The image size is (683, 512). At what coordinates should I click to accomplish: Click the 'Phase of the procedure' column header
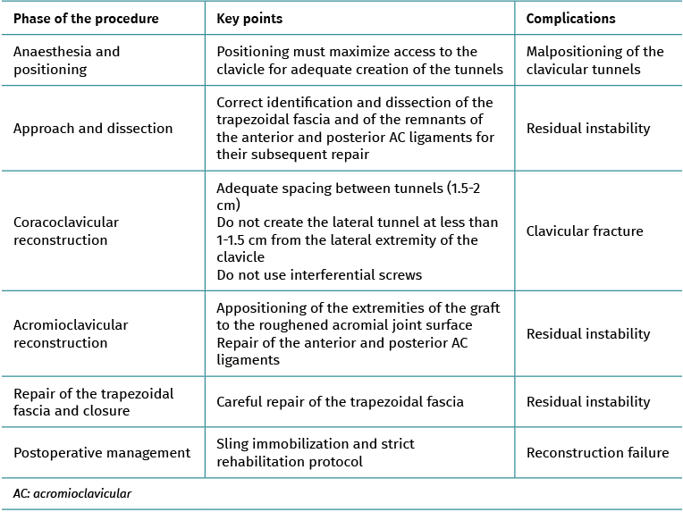pos(86,19)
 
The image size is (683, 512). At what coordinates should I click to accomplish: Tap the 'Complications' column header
pos(570,19)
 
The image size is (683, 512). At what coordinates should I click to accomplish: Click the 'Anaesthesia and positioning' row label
pos(67,60)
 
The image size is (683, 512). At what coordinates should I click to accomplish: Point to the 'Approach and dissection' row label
pos(93,129)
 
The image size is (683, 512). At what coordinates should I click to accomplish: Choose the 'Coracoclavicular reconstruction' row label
pos(66,231)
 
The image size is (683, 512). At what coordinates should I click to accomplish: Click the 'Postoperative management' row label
pos(102,453)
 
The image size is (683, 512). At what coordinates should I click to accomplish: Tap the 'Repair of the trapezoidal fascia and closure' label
pos(93,402)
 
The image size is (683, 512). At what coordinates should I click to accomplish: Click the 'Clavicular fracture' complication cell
pos(585,231)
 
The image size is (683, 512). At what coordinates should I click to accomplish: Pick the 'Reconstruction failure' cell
pos(597,453)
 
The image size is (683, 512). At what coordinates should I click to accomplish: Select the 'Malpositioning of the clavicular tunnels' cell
pos(594,60)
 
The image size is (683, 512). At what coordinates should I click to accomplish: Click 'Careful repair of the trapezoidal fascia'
pos(340,402)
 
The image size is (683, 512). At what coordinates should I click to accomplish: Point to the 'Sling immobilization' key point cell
pos(316,453)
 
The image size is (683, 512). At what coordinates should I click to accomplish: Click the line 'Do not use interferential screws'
pos(318,274)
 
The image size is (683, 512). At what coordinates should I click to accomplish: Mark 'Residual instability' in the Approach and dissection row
pos(588,129)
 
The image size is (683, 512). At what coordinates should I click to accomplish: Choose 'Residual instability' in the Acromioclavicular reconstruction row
pos(588,334)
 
